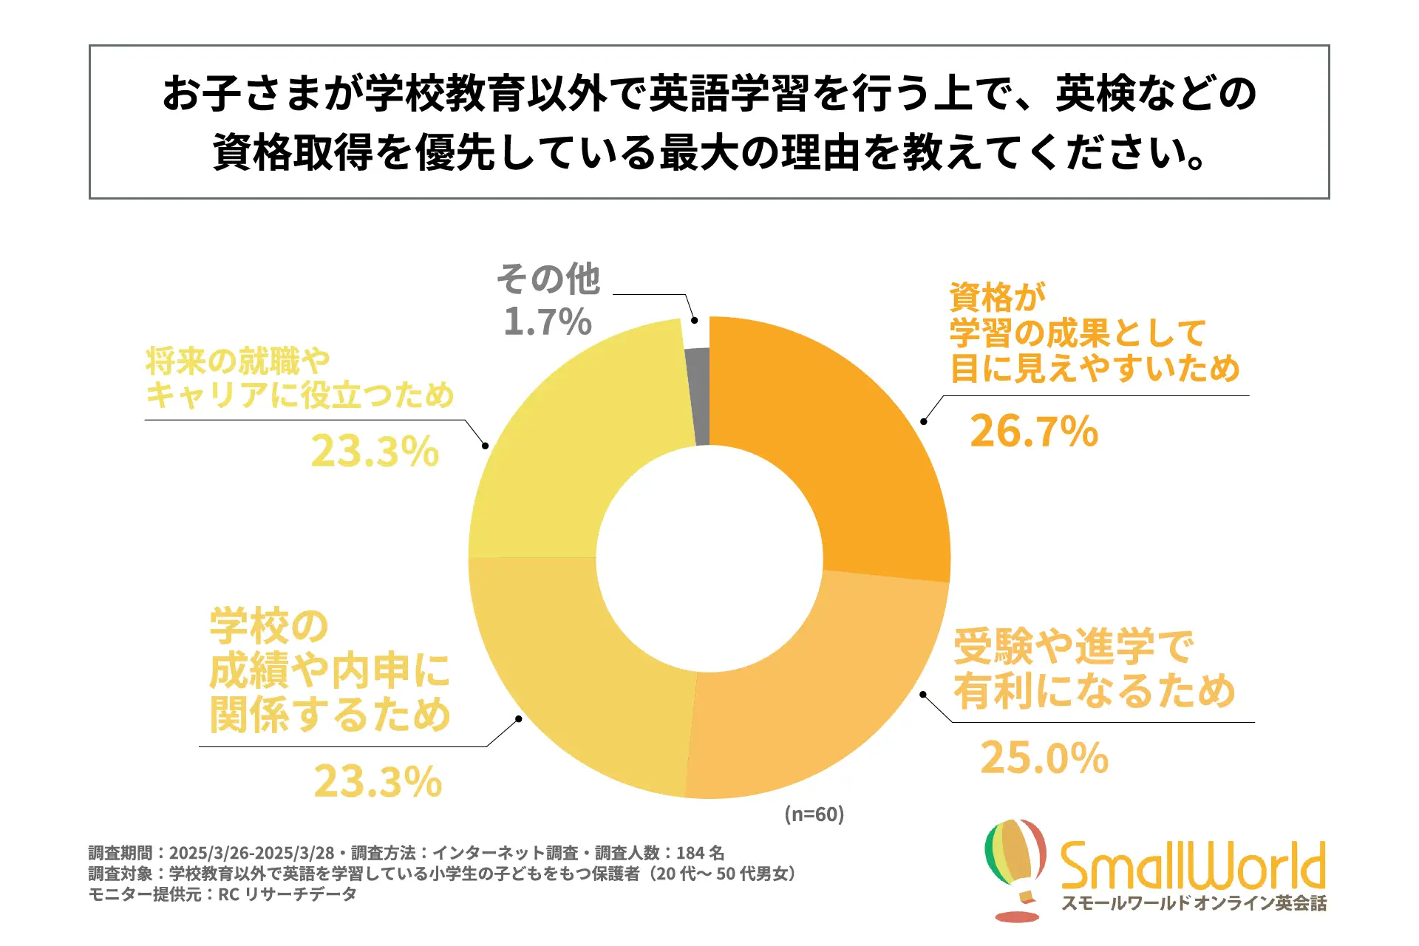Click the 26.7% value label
point(1034,431)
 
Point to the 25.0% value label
point(1044,758)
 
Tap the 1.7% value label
point(548,321)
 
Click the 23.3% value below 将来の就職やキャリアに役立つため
point(375,452)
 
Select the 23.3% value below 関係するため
point(378,781)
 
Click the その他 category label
point(548,279)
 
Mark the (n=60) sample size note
point(814,814)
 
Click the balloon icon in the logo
point(1016,865)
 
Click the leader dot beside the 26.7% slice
point(923,421)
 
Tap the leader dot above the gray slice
point(694,320)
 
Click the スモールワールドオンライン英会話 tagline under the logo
point(1194,903)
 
